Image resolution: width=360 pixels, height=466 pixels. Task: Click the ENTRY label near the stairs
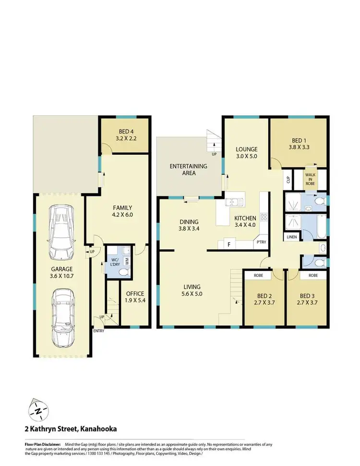click(x=99, y=331)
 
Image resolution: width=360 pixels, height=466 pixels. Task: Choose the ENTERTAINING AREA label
click(x=189, y=169)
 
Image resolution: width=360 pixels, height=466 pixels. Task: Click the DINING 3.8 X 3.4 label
click(x=189, y=225)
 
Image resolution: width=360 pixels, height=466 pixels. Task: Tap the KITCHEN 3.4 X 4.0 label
click(x=245, y=221)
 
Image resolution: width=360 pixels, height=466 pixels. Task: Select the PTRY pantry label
click(x=261, y=243)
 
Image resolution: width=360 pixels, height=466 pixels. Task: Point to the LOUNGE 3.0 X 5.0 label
click(x=246, y=152)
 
